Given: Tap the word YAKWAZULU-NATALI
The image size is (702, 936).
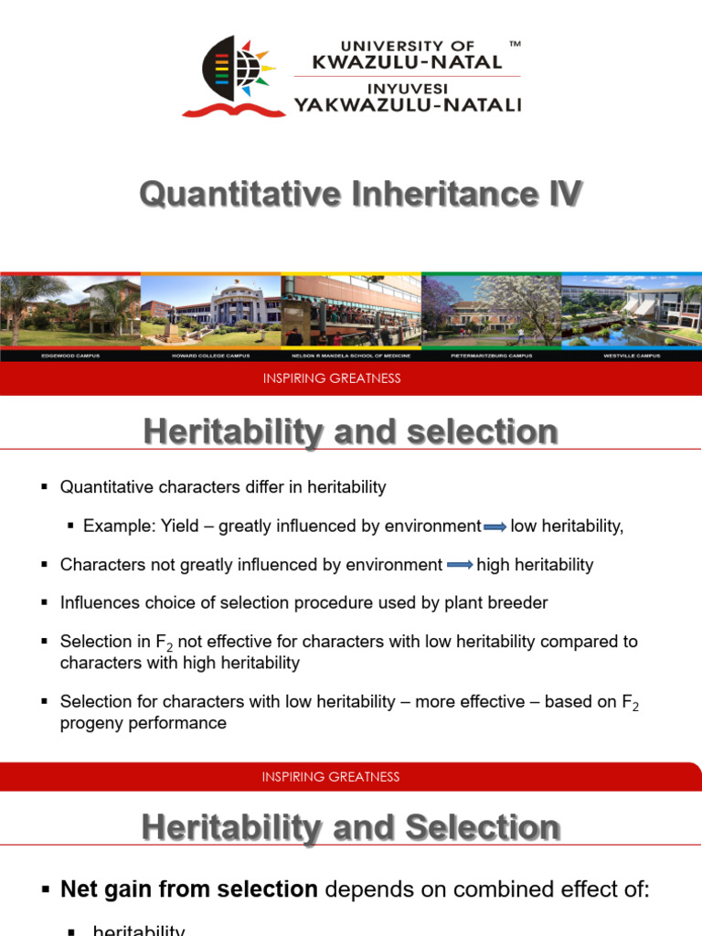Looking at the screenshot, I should pos(407,105).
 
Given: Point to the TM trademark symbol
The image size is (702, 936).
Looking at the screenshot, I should pos(515,44).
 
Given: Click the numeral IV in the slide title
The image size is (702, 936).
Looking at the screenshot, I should pos(561,194).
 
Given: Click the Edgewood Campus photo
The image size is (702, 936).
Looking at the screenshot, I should pos(70,309).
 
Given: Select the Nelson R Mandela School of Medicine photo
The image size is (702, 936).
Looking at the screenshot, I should pos(351,309).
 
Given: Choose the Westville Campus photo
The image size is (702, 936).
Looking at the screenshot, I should pos(632,309).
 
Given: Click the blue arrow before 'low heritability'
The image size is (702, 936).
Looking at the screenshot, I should pos(495,526).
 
